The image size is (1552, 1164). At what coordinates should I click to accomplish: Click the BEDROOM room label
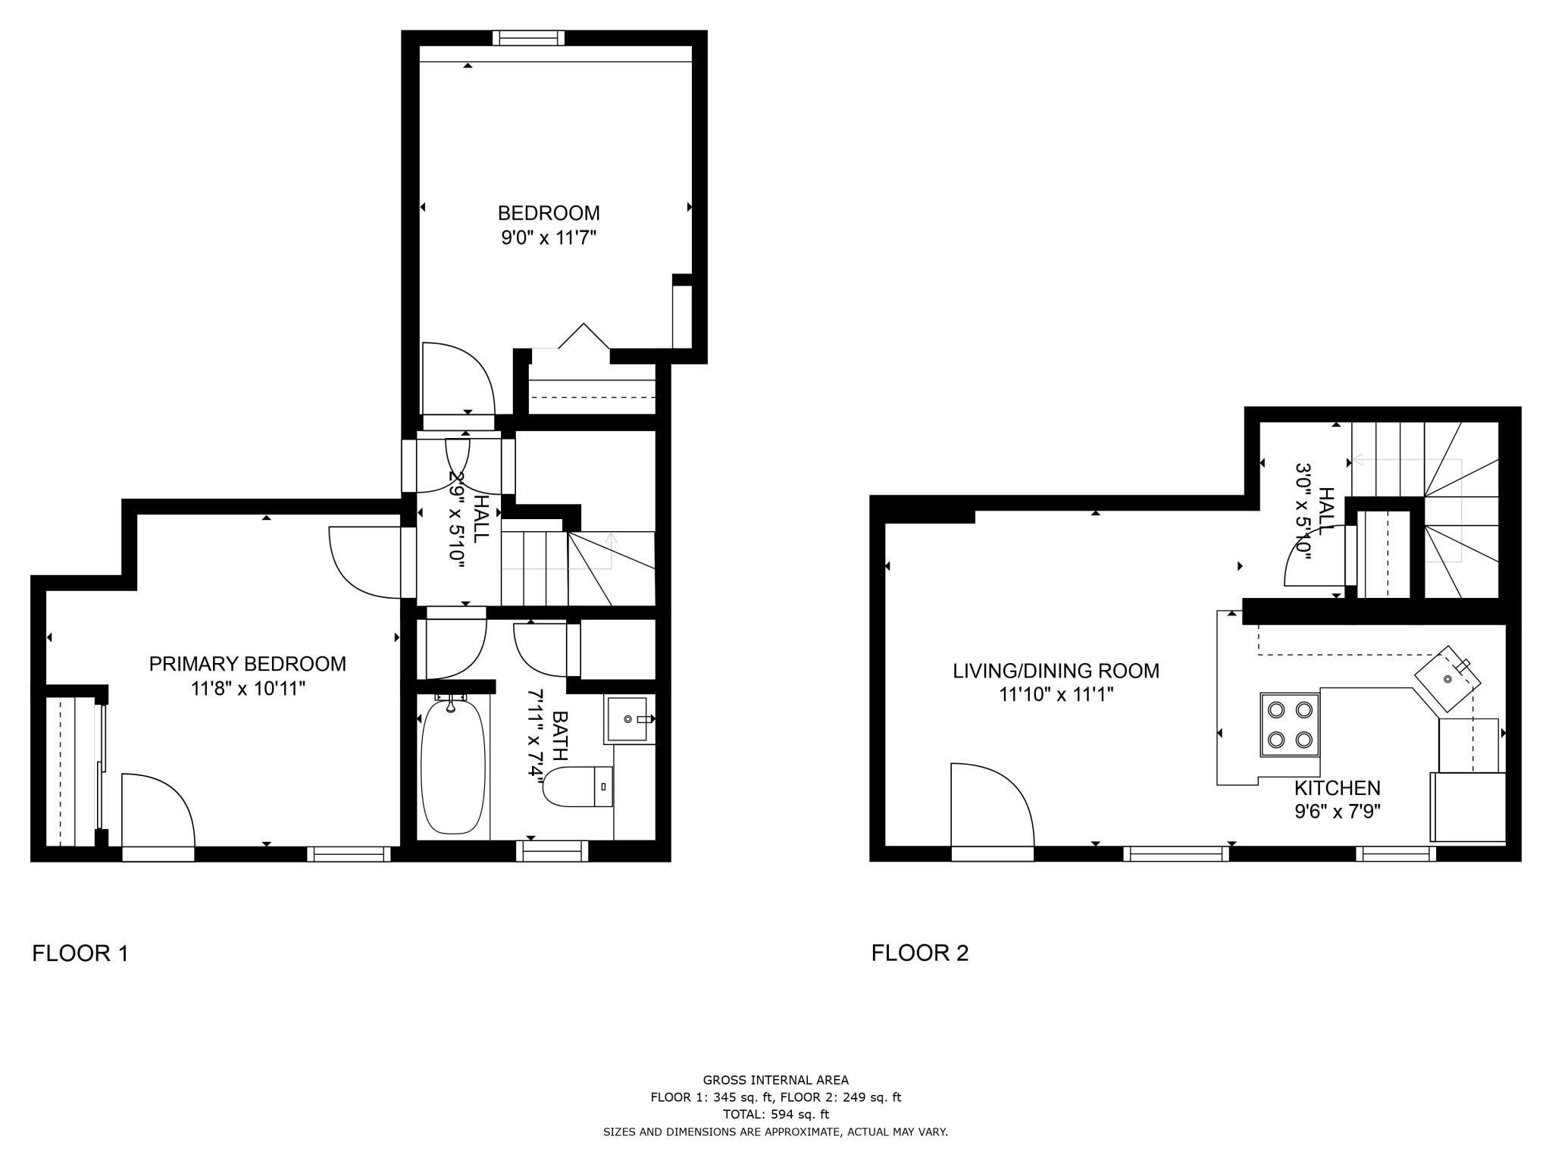click(x=549, y=213)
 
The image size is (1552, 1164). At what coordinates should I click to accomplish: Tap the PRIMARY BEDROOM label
click(x=247, y=664)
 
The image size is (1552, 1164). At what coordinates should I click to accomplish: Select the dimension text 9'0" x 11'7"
click(x=549, y=238)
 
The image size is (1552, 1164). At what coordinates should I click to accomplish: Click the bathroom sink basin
click(x=627, y=718)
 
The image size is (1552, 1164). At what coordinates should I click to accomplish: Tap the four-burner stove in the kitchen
click(x=1290, y=724)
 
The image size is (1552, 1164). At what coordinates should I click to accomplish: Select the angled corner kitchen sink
click(x=1447, y=679)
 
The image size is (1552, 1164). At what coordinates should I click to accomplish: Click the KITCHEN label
click(x=1337, y=788)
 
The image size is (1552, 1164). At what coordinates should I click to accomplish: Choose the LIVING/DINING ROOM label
click(x=1056, y=671)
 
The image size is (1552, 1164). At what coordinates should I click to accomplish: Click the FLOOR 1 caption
click(x=80, y=953)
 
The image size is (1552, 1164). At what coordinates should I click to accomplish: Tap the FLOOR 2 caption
click(x=919, y=953)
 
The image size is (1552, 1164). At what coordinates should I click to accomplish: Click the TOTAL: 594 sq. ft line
click(x=775, y=1115)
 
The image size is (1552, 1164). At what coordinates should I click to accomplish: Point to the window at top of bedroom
click(x=528, y=38)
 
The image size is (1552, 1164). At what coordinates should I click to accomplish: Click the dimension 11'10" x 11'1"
click(x=1056, y=694)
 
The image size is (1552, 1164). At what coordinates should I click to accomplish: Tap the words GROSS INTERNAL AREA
click(x=775, y=1081)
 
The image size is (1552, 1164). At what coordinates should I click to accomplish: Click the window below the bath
click(x=552, y=852)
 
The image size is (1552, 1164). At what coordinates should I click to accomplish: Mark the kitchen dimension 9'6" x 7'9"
click(x=1337, y=812)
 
